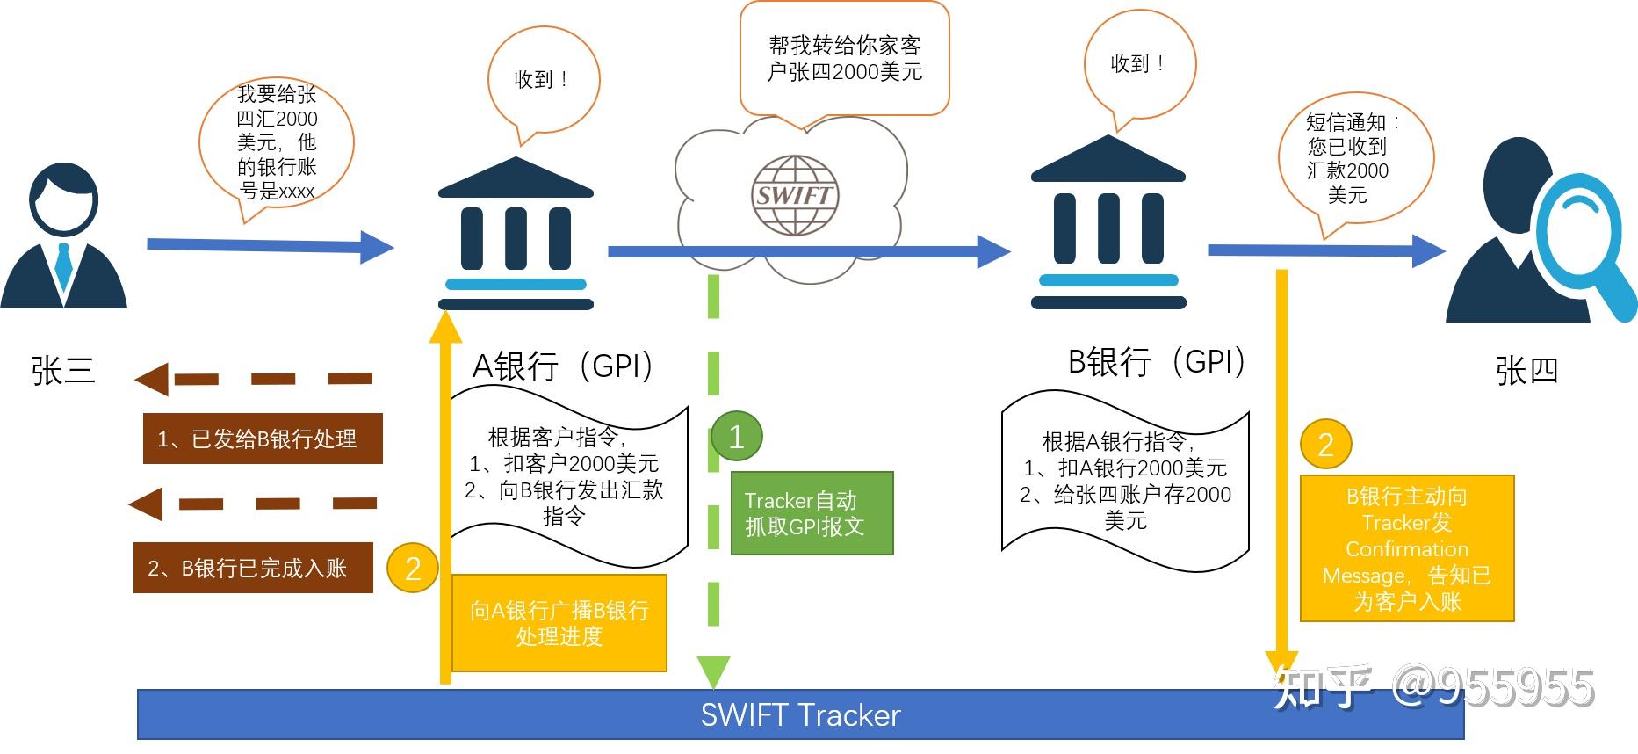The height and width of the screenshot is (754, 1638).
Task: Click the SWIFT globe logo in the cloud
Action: pyautogui.click(x=793, y=195)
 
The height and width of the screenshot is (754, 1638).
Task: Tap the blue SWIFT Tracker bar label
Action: pyautogui.click(x=800, y=714)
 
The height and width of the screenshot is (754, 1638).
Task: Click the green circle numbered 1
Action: pyautogui.click(x=736, y=436)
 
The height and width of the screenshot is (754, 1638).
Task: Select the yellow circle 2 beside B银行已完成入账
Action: pyautogui.click(x=412, y=569)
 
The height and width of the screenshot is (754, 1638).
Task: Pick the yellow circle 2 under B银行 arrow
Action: pyautogui.click(x=1325, y=444)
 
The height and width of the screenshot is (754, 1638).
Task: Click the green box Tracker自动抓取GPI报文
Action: pyautogui.click(x=812, y=513)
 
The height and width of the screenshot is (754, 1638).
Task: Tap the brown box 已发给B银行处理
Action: pyautogui.click(x=263, y=439)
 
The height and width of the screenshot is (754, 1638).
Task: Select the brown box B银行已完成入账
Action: pyautogui.click(x=253, y=569)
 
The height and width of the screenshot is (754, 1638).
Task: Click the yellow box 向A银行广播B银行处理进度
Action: pyautogui.click(x=559, y=623)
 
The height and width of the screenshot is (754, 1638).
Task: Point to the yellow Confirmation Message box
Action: pyautogui.click(x=1407, y=548)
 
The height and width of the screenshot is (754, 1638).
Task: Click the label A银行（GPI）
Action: pyautogui.click(x=563, y=366)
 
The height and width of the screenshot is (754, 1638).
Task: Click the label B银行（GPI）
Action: pyautogui.click(x=1156, y=361)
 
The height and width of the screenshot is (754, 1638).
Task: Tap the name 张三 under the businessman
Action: pyautogui.click(x=62, y=370)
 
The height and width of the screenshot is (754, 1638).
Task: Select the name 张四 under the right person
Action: pyautogui.click(x=1526, y=370)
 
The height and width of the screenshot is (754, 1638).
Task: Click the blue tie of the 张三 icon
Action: pyautogui.click(x=63, y=265)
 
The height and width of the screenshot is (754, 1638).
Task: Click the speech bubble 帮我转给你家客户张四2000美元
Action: pyautogui.click(x=844, y=59)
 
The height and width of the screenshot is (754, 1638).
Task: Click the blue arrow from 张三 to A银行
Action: pyautogui.click(x=268, y=246)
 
